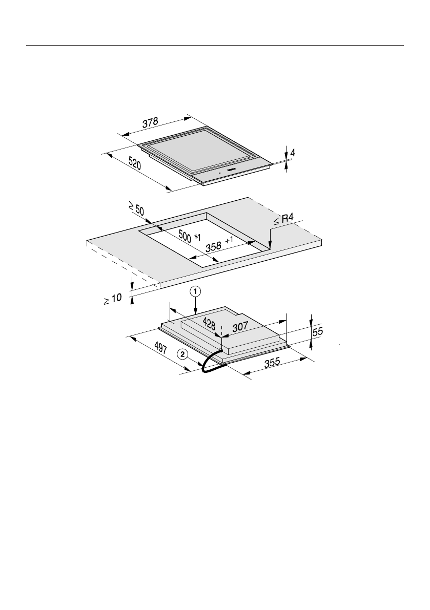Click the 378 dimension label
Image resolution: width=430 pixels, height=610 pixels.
[150, 122]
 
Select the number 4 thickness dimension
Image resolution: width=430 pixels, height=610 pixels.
[293, 153]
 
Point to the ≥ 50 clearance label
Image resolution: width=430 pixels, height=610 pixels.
[137, 209]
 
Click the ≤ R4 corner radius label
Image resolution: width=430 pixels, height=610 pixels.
[283, 219]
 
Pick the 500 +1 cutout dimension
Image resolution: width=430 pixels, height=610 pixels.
[190, 236]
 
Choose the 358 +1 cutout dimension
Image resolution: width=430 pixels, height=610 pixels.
[219, 244]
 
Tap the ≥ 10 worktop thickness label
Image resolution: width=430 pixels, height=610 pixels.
[112, 299]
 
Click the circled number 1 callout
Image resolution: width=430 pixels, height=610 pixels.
[195, 290]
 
